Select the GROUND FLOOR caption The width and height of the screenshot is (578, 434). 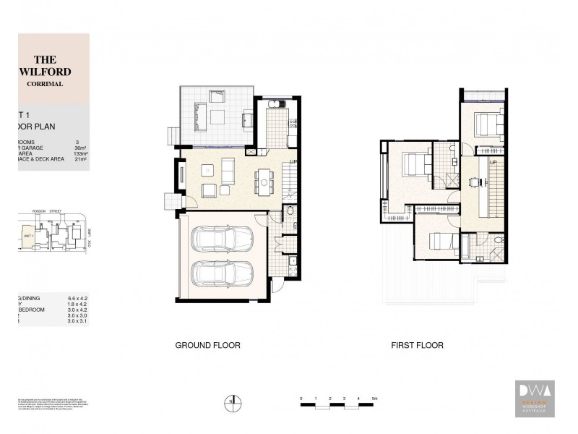point(207,346)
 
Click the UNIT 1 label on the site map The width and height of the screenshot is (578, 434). point(30,235)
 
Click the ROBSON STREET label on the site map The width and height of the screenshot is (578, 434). point(46,212)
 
